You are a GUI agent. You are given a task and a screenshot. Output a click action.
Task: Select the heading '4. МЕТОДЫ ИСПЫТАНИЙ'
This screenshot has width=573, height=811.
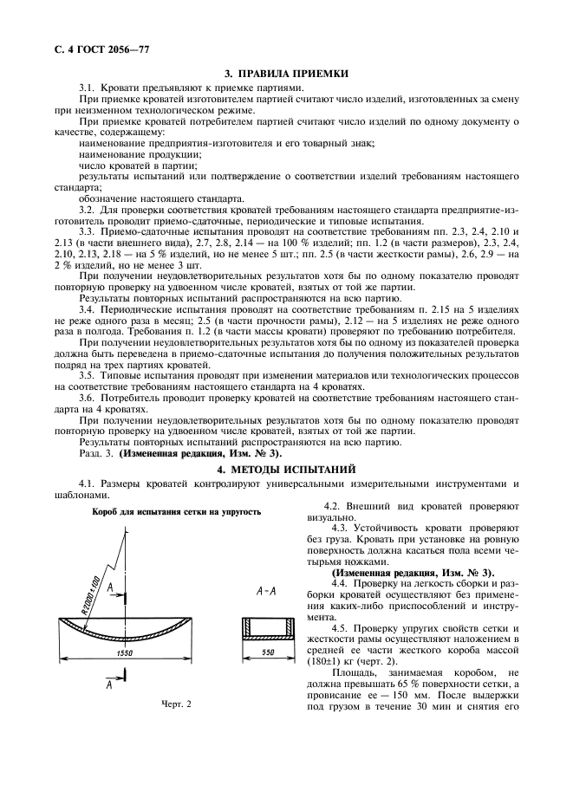(x=287, y=468)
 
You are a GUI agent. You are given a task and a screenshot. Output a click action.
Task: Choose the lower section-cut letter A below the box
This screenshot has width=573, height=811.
(x=107, y=684)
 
